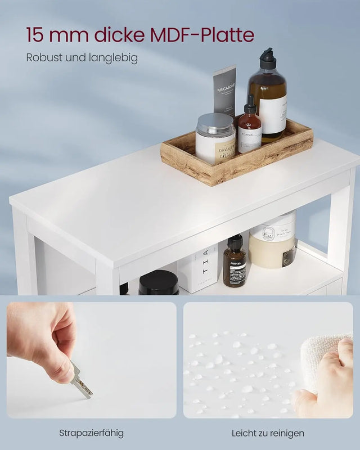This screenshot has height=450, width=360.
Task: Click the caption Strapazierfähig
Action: pyautogui.click(x=91, y=433)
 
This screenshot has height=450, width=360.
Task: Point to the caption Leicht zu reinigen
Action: pyautogui.click(x=268, y=433)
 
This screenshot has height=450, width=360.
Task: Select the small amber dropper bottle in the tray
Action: pyautogui.click(x=250, y=130)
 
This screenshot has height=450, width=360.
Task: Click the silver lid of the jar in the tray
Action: pyautogui.click(x=215, y=123)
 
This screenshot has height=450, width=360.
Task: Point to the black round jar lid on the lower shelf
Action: pyautogui.click(x=159, y=281)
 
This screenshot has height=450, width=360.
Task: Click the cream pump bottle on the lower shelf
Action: pyautogui.click(x=273, y=242)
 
